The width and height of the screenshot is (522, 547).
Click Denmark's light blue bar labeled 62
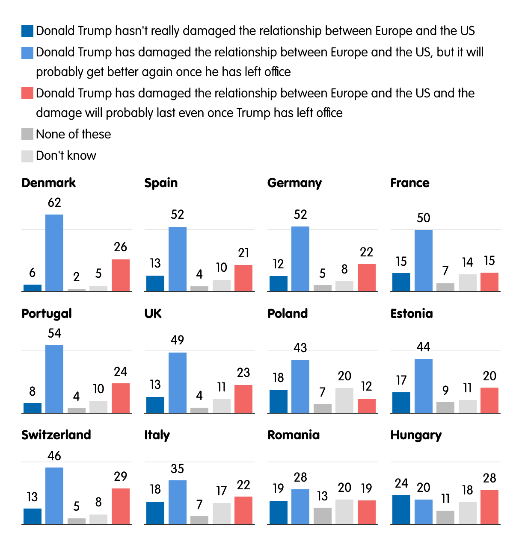tap(54, 253)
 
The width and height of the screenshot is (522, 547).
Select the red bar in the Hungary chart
tap(489, 507)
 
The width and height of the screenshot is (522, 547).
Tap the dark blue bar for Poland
tap(279, 401)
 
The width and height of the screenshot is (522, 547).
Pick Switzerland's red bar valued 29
tap(121, 506)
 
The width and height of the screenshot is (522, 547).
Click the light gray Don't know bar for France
tap(467, 282)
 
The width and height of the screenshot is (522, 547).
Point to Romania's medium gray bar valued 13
tap(323, 515)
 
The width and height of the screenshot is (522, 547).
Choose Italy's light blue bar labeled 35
tap(178, 502)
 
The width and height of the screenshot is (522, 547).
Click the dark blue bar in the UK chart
tap(155, 405)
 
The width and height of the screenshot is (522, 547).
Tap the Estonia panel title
tap(412, 314)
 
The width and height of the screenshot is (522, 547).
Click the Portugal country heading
tap(47, 314)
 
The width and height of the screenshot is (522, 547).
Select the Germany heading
tap(294, 183)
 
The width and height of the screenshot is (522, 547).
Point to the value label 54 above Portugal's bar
tap(54, 333)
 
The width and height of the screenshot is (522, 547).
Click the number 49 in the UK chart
tap(177, 340)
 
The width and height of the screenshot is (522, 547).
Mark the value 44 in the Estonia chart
tap(423, 347)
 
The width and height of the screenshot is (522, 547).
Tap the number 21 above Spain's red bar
tap(243, 253)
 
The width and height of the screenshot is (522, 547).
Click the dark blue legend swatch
tap(27, 31)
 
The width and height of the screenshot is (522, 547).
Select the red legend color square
tap(27, 93)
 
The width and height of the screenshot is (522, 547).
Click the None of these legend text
tap(73, 134)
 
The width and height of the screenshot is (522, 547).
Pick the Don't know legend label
tap(66, 156)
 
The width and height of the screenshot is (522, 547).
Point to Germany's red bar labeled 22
tap(367, 277)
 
